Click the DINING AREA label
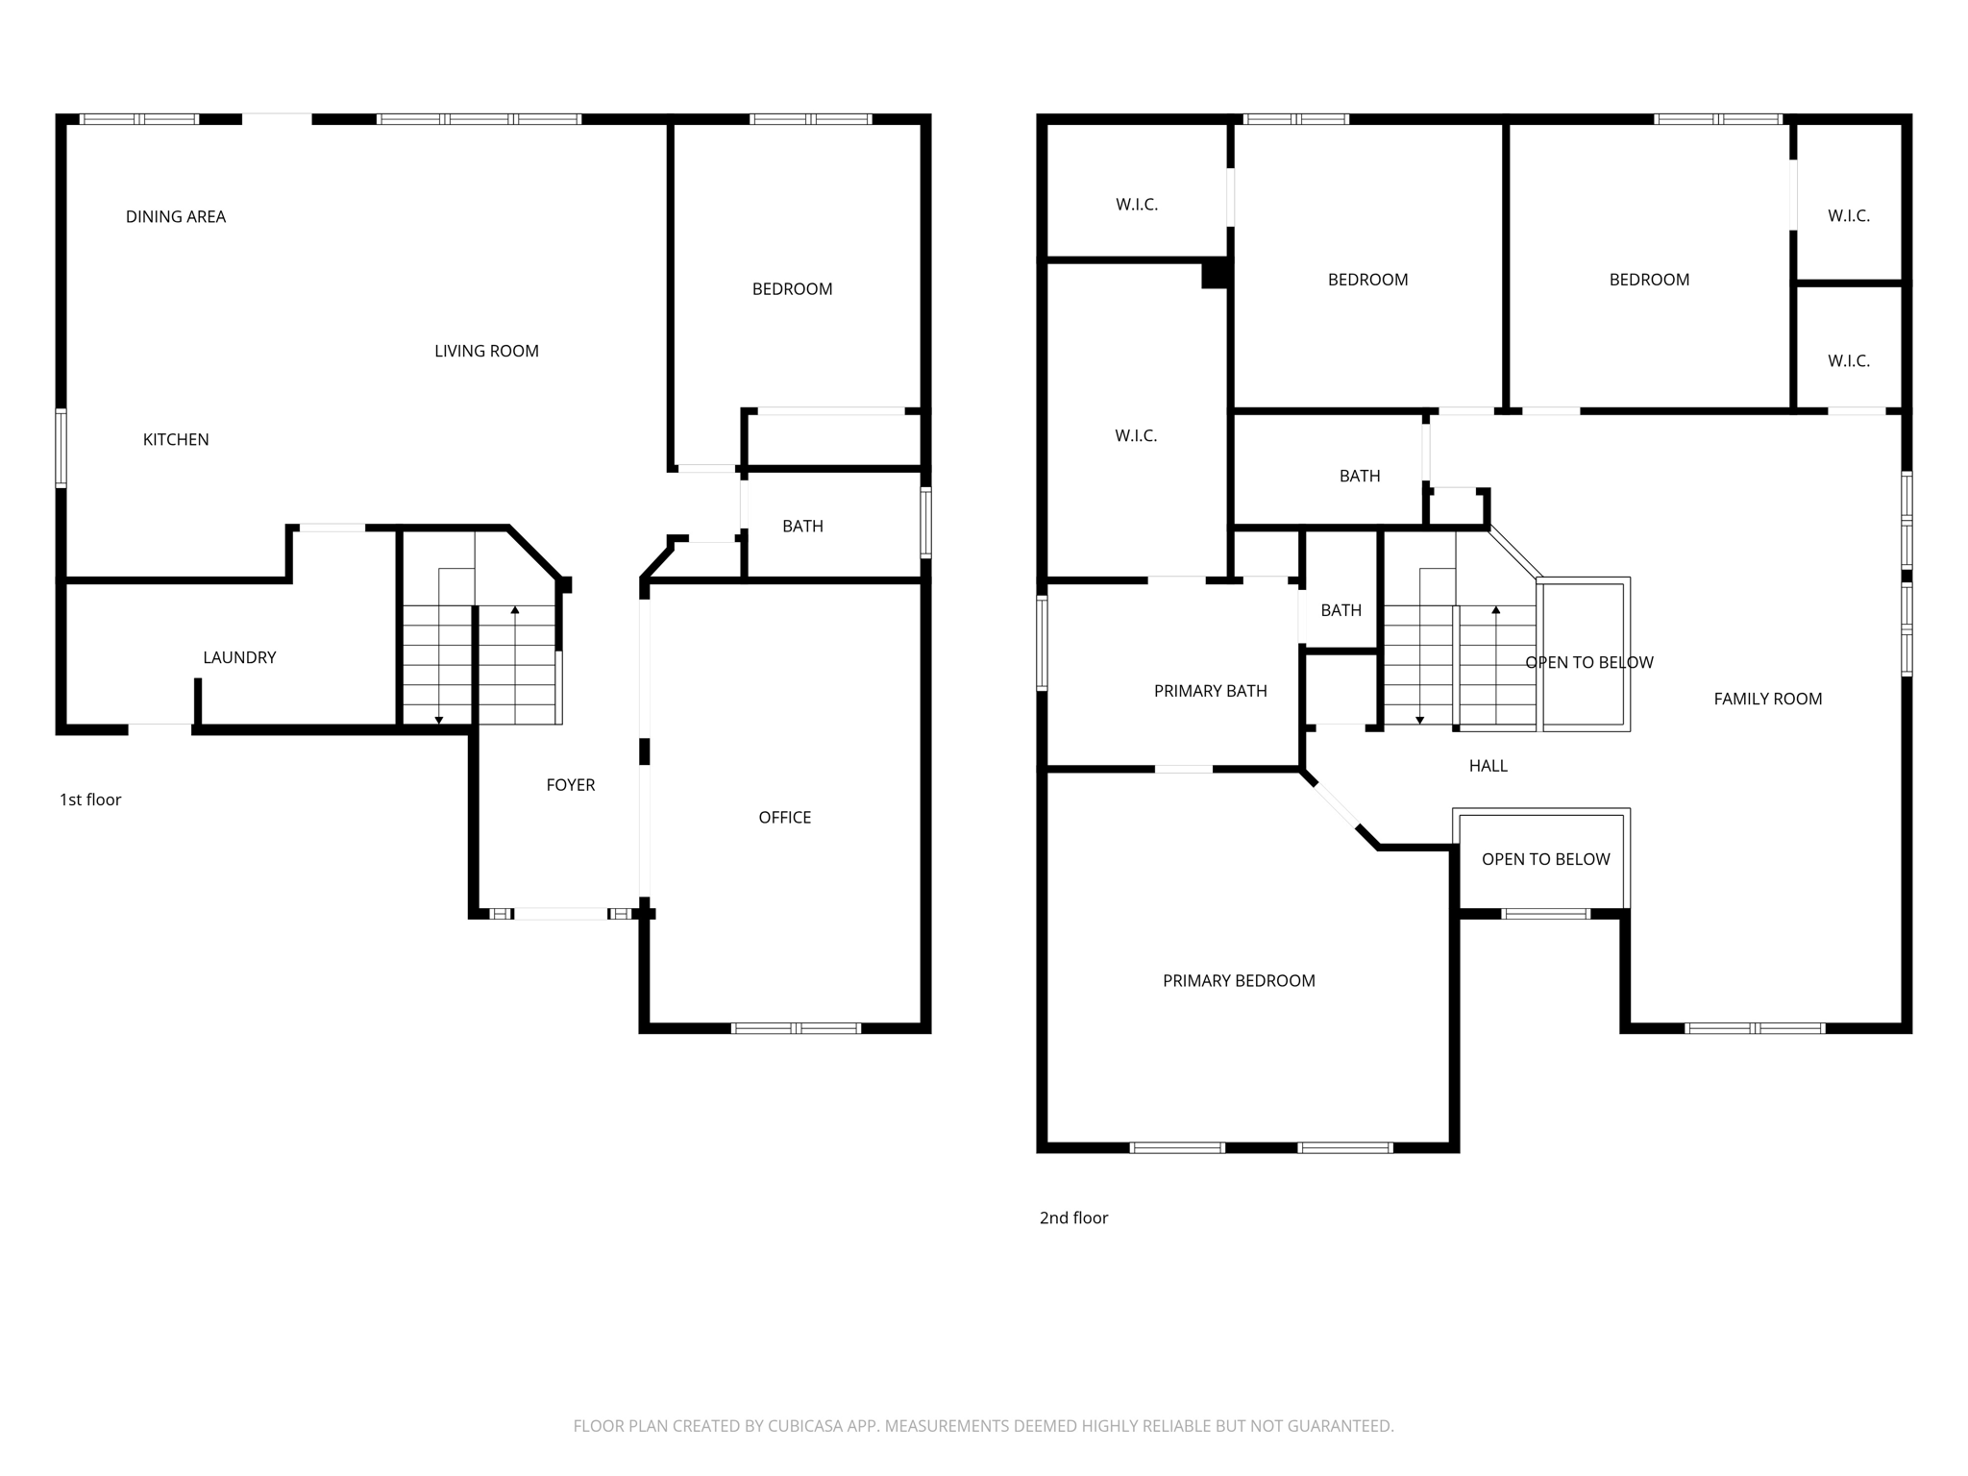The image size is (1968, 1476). click(176, 217)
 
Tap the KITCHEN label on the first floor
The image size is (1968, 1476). click(176, 440)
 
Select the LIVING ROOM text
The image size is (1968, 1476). click(486, 352)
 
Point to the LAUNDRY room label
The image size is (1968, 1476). click(239, 658)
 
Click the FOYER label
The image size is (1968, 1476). click(571, 785)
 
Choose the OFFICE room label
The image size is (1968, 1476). click(785, 818)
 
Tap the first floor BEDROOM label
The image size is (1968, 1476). click(792, 289)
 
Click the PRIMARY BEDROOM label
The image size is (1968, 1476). click(1239, 981)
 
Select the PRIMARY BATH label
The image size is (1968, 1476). click(1210, 691)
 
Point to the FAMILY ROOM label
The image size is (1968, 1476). click(1767, 700)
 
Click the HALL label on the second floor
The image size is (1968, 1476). click(1488, 766)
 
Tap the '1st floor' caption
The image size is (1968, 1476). click(90, 799)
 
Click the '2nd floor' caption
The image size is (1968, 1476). click(1073, 1218)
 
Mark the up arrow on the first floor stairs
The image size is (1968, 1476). click(515, 611)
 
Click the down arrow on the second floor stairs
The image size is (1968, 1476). click(1419, 719)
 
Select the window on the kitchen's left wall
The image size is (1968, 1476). click(61, 448)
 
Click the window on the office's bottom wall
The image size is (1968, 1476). click(796, 1028)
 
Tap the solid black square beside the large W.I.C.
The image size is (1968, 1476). click(1216, 274)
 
